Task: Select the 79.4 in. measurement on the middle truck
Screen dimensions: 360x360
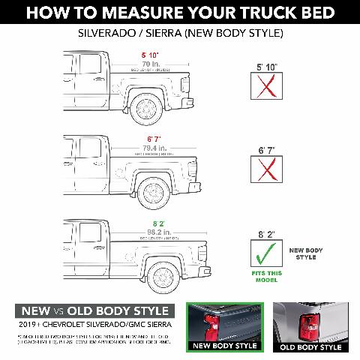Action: coord(154,148)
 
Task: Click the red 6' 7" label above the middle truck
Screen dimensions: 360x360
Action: coord(154,139)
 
